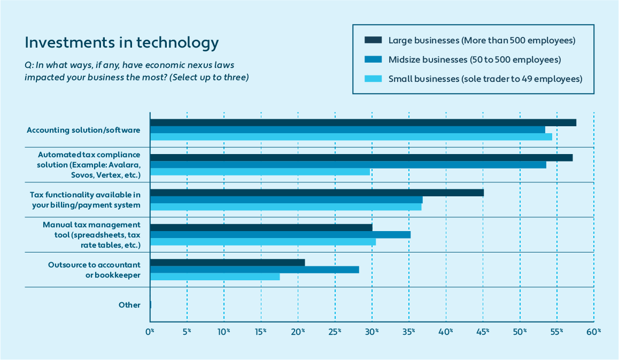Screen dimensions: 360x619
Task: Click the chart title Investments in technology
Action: [x=122, y=43]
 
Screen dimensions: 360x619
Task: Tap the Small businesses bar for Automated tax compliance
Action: [x=260, y=172]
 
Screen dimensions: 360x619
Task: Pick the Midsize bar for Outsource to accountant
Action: [x=254, y=270]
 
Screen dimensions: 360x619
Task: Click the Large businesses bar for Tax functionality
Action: [x=317, y=193]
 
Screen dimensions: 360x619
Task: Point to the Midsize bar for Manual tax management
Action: [x=280, y=235]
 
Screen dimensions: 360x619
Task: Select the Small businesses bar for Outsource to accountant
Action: [x=215, y=277]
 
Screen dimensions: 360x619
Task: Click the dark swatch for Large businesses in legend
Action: [x=373, y=40]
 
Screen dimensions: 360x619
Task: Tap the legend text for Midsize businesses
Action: [x=474, y=59]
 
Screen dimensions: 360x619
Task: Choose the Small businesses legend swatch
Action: [x=373, y=79]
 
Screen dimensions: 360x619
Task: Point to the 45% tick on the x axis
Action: [x=483, y=332]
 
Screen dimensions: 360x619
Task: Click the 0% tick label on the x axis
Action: [x=150, y=332]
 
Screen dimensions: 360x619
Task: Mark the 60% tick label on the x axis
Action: [x=593, y=332]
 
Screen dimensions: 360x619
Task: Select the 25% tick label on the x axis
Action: [x=335, y=332]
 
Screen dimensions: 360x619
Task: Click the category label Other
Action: [x=129, y=305]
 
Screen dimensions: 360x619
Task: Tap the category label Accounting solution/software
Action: [x=83, y=130]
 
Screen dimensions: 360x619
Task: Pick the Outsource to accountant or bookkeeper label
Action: [x=94, y=270]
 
